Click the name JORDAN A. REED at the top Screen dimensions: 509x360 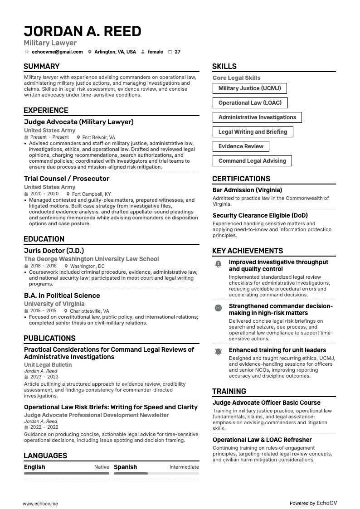(83, 31)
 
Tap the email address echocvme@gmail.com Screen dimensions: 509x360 (57, 52)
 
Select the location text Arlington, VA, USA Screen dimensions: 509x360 (115, 52)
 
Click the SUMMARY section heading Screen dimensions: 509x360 (42, 67)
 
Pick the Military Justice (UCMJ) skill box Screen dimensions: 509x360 (249, 88)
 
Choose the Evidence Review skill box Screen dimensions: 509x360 (241, 146)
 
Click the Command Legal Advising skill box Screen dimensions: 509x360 (252, 161)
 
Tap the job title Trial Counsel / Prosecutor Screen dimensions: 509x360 (67, 179)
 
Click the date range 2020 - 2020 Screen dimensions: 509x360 (44, 194)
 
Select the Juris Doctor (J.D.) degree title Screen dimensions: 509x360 (54, 251)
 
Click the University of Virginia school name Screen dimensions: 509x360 (54, 304)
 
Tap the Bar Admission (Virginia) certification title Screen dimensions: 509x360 (247, 190)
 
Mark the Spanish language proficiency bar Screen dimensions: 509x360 (156, 473)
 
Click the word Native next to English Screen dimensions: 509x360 (102, 467)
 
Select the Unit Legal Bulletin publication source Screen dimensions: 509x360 (48, 364)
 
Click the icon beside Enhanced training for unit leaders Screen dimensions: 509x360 (218, 352)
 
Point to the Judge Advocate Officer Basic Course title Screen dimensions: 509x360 (266, 402)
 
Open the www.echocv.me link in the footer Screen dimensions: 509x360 (40, 504)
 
